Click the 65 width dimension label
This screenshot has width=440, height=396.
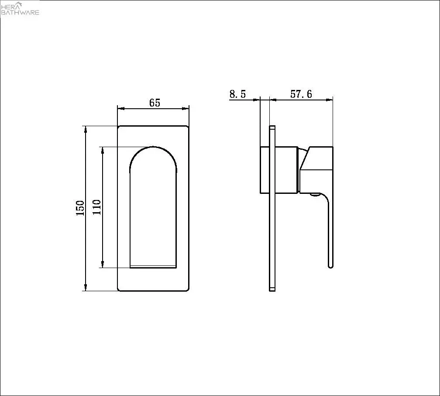[155, 103]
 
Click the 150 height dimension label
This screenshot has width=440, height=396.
[80, 209]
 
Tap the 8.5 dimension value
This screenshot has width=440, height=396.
[237, 94]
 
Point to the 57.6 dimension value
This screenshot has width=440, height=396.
[301, 94]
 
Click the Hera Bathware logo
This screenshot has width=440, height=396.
[20, 9]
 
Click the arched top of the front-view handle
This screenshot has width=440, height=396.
[153, 148]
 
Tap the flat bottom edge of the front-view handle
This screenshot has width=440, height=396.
[153, 266]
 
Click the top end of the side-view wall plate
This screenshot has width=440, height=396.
[272, 128]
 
